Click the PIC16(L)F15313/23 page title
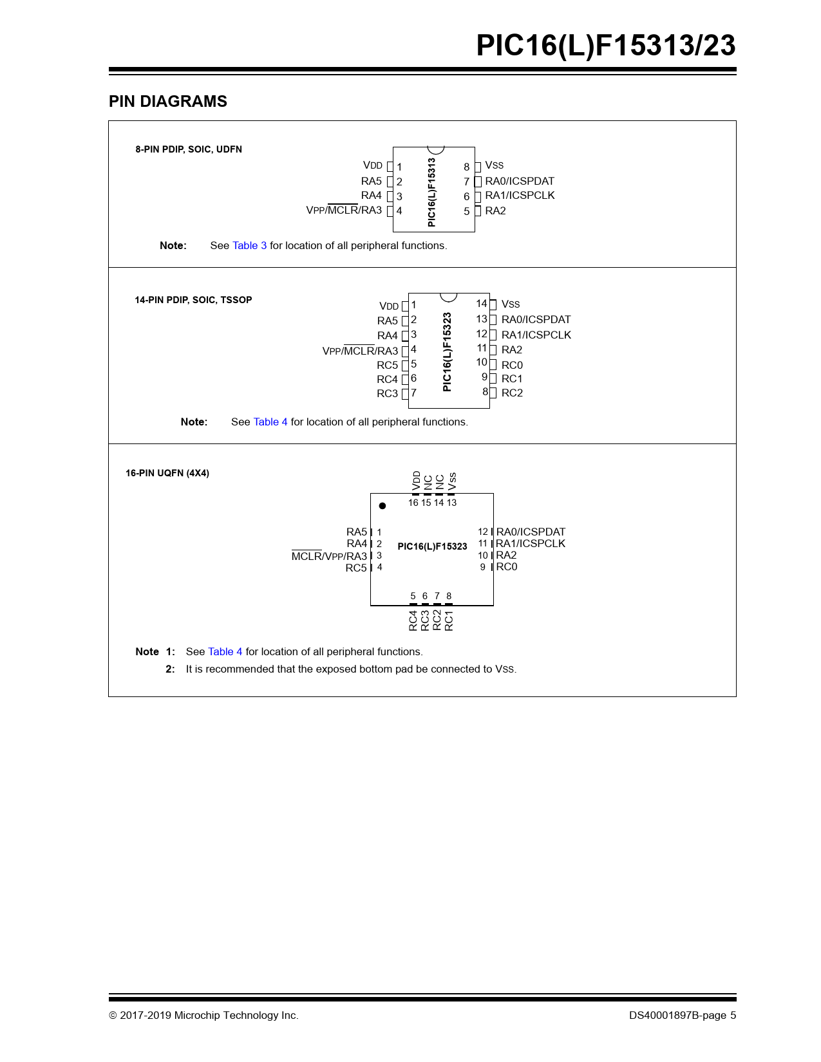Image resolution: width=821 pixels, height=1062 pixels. pos(605,46)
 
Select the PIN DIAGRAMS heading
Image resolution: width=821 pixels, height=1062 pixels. pos(167,102)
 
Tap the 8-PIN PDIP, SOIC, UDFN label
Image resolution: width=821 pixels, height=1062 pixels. pos(189,149)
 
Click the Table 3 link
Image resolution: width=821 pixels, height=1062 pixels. pos(249,246)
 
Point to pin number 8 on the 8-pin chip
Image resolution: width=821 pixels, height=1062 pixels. pos(467,167)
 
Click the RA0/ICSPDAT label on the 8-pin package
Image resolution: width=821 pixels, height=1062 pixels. pos(519,182)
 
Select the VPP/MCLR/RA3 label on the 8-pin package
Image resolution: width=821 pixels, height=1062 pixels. pos(344,210)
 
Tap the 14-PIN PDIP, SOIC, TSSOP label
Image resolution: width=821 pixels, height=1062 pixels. pos(193,300)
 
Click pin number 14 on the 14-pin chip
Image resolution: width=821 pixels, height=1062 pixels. pos(482,304)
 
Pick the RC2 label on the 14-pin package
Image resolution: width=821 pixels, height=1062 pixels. pos(512,393)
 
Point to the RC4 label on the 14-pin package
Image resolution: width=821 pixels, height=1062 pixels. pos(387,380)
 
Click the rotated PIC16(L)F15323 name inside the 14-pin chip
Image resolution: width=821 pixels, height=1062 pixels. pos(448,351)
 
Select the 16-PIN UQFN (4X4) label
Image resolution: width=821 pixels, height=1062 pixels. pos(167,473)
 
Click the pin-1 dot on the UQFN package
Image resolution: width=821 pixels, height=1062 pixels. pos(382,506)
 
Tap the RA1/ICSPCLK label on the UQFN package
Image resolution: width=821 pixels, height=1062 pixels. pos(531,544)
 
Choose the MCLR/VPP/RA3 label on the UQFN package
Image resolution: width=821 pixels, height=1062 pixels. pos(329,557)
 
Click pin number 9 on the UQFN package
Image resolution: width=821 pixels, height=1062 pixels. pos(483,567)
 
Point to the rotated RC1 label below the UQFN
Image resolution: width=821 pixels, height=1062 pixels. pos(449,620)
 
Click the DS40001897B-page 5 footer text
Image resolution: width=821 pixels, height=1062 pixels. pos(683,1016)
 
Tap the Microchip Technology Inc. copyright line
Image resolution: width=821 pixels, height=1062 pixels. pos(203,1016)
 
